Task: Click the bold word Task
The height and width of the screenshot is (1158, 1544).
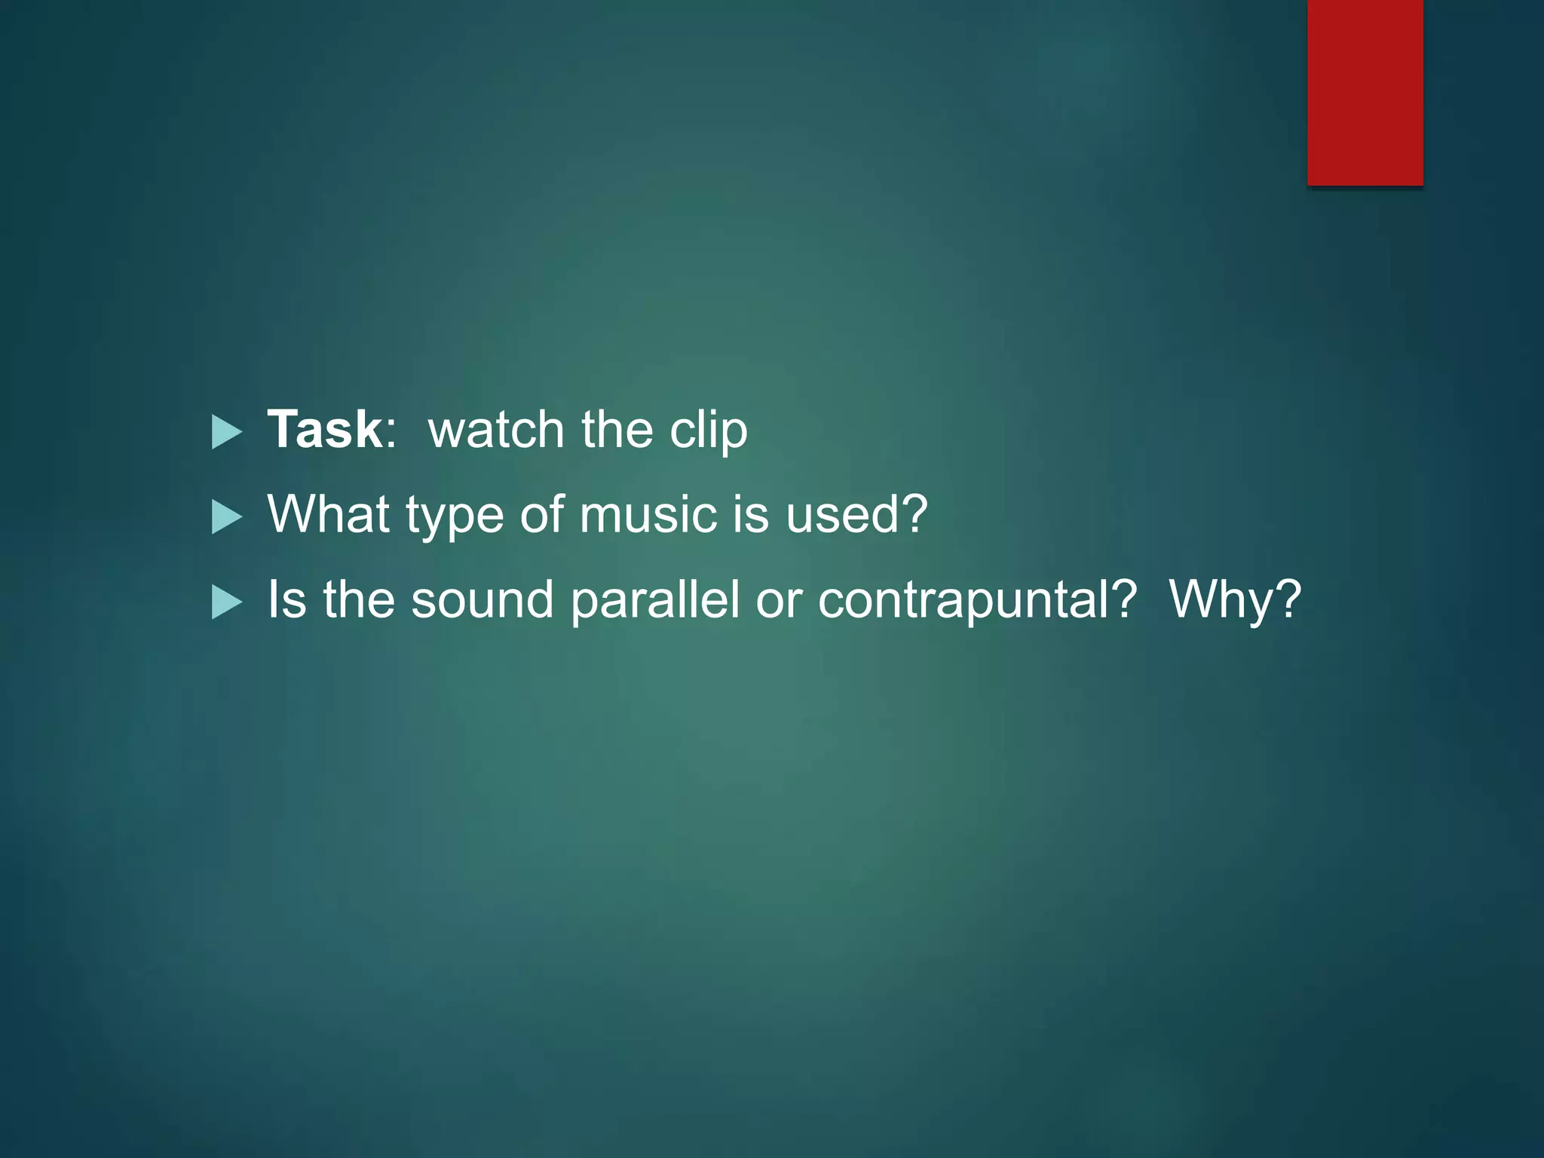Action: click(x=325, y=430)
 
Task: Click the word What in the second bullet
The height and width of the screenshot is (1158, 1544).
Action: click(x=328, y=515)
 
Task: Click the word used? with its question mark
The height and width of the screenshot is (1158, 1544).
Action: click(x=856, y=515)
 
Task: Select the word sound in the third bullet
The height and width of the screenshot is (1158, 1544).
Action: click(x=482, y=600)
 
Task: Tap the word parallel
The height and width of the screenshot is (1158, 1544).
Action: click(x=654, y=600)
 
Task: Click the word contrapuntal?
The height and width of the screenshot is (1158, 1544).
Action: click(x=977, y=600)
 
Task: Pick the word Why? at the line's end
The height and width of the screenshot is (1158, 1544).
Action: click(x=1235, y=600)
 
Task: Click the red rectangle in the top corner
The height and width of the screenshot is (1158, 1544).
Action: click(x=1365, y=92)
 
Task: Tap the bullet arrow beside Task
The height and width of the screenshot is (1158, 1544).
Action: click(x=226, y=432)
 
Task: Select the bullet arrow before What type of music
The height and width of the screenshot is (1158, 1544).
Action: click(x=226, y=517)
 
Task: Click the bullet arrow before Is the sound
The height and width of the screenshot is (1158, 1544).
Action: click(x=226, y=602)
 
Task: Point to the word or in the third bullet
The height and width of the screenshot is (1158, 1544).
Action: click(x=778, y=602)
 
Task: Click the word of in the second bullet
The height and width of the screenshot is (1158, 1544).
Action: click(x=541, y=515)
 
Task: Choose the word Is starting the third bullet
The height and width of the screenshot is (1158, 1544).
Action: click(x=286, y=600)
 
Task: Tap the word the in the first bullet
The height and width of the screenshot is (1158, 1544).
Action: click(x=617, y=430)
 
